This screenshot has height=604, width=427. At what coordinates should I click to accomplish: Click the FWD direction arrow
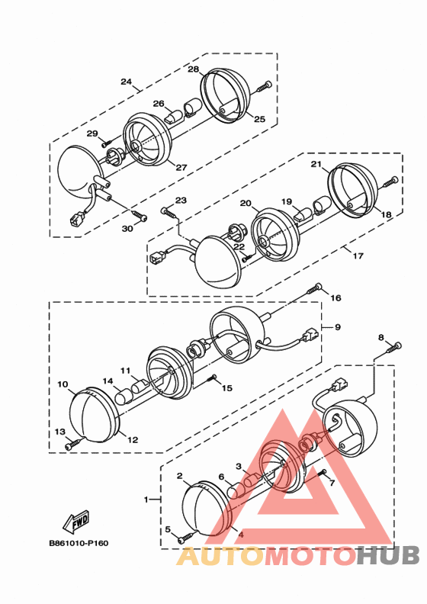coord(75,520)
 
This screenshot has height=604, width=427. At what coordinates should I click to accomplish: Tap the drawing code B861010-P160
coord(79,543)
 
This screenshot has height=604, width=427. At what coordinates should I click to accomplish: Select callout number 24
coord(127,82)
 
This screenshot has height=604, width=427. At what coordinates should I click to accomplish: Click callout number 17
coord(358,255)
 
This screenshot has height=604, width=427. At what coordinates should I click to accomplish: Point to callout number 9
coord(337,327)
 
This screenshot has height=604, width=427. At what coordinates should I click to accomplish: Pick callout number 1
coord(146,500)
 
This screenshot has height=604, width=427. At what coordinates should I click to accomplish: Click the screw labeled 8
coord(393,347)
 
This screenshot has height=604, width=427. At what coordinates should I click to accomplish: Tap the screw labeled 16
coord(314,288)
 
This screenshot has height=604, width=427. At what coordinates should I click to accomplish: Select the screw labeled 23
coord(169,212)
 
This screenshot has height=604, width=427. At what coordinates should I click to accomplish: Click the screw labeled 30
coord(140,216)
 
